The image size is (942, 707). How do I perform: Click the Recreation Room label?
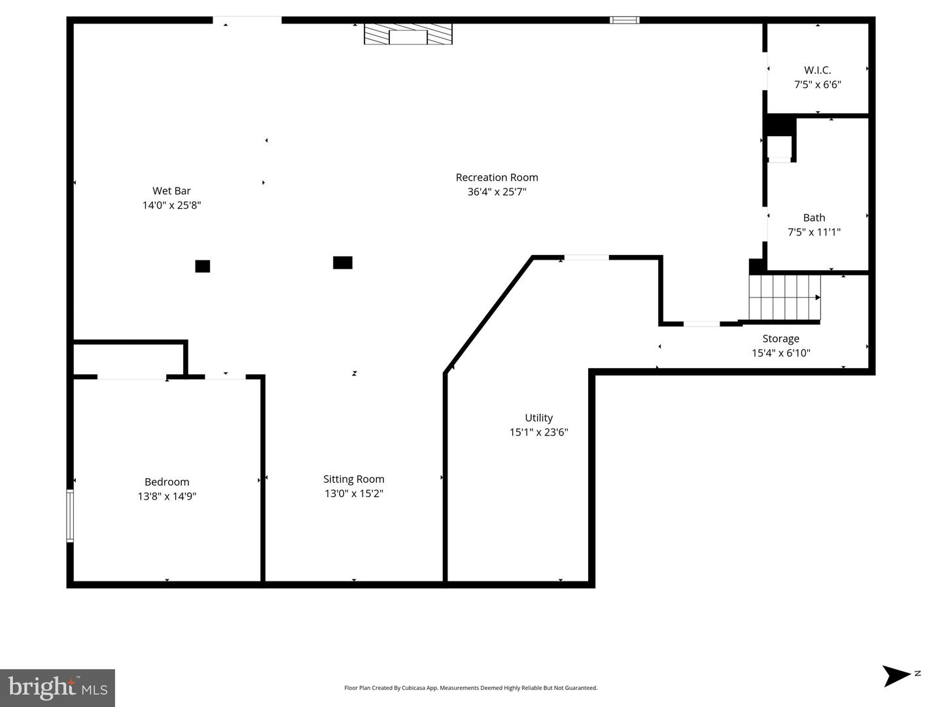[497, 177]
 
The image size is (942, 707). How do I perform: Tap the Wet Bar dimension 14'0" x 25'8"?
[171, 205]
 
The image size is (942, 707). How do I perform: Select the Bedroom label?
[167, 482]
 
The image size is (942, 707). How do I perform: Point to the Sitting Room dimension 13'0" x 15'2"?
[353, 494]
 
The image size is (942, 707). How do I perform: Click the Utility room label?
[538, 418]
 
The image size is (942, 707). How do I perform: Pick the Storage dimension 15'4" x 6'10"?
[780, 353]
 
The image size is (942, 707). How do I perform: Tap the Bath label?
[814, 218]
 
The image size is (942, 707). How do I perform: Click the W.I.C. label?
[817, 70]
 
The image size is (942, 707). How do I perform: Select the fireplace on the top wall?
[408, 35]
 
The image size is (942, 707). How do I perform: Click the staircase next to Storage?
[784, 298]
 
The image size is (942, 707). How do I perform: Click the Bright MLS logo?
[58, 687]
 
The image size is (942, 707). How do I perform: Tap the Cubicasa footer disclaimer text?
[470, 688]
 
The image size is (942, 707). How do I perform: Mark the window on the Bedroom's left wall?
[70, 516]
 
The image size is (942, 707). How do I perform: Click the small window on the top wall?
[624, 20]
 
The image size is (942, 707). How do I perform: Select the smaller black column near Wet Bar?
[203, 266]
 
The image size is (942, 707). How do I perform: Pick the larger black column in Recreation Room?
[343, 263]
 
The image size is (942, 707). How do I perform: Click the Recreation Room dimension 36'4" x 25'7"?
[497, 192]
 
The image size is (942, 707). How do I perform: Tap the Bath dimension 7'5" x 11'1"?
[814, 232]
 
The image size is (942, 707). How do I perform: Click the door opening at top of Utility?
[586, 258]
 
